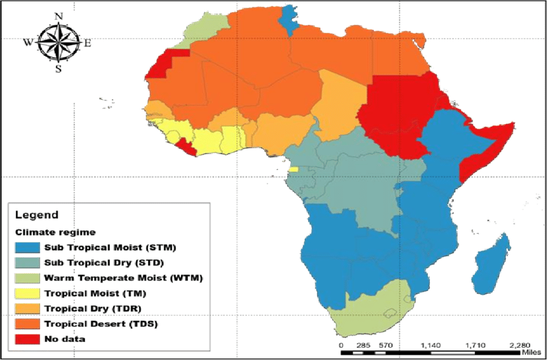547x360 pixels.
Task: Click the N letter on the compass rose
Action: pos(59,15)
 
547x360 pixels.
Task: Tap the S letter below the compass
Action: pos(59,69)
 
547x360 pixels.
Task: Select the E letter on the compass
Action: pos(88,44)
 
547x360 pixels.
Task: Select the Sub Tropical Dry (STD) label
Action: pos(104,262)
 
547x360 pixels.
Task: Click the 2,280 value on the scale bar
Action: pos(519,345)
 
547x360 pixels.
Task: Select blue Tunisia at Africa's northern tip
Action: pos(291,19)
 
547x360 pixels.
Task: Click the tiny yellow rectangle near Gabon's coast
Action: pos(293,169)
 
